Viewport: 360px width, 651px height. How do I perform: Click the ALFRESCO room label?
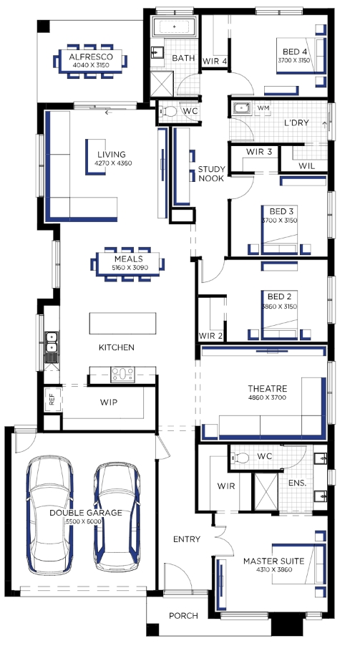pos(90,57)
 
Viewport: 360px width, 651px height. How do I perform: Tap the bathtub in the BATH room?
pos(174,26)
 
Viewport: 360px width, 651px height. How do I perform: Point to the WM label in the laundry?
pos(263,108)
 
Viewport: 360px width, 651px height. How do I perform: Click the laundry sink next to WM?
pos(241,108)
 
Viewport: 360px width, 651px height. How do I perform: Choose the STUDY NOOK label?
pos(212,173)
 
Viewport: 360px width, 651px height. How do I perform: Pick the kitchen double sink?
pos(52,342)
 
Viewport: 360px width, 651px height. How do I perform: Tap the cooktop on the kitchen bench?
pos(122,374)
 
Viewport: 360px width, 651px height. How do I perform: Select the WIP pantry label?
pos(109,402)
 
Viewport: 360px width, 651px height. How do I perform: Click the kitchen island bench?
pos(123,323)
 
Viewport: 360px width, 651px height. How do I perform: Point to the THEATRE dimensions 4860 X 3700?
pos(268,397)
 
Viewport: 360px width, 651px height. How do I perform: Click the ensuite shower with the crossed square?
pos(265,491)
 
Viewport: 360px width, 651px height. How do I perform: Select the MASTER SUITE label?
pos(273,561)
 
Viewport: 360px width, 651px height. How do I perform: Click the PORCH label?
pos(183,616)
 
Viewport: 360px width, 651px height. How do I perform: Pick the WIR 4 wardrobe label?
pos(215,62)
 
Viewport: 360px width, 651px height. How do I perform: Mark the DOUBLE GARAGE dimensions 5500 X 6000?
pos(86,521)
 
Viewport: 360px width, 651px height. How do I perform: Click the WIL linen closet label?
pos(307,166)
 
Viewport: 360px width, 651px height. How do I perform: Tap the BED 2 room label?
pos(279,296)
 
